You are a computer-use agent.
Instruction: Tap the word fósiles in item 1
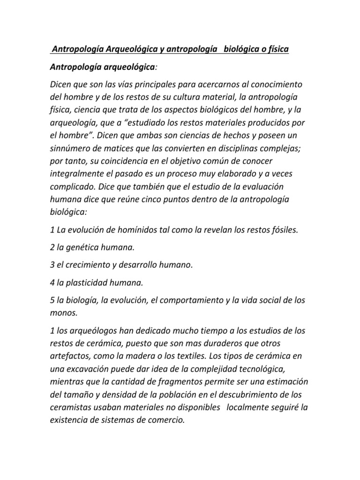click(280, 230)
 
